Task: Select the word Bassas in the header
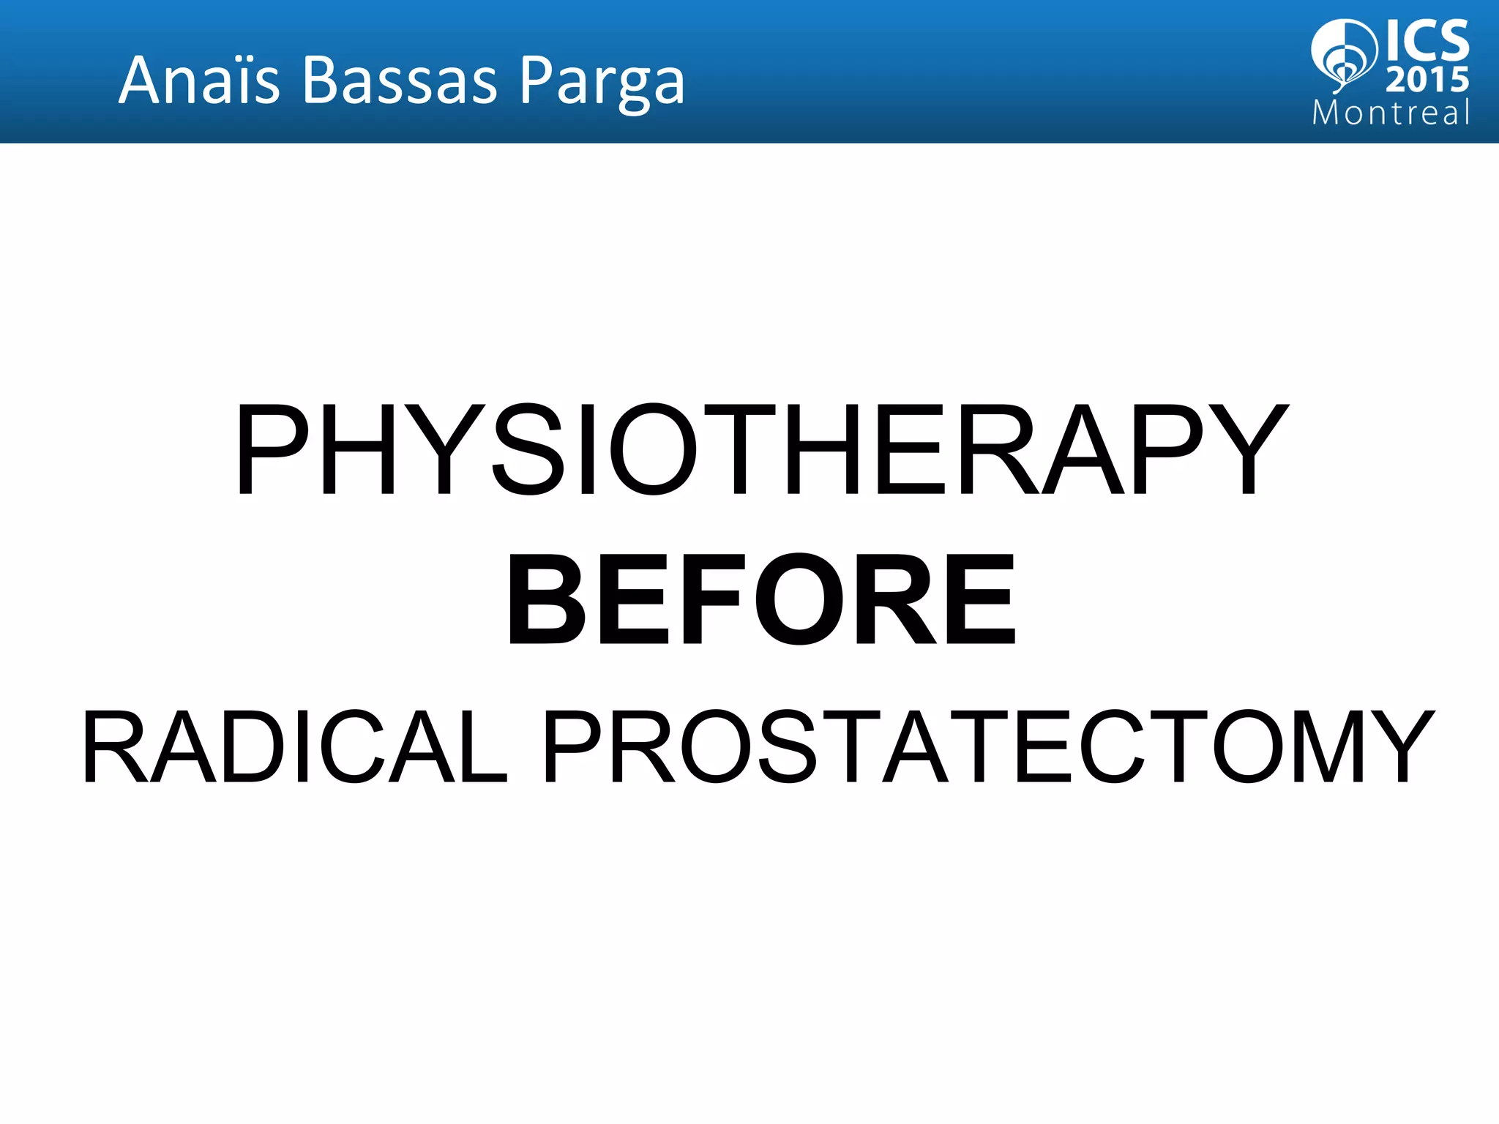tap(399, 80)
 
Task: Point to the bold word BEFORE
tap(761, 600)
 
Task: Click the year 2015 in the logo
tap(1427, 80)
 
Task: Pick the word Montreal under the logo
tap(1391, 113)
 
